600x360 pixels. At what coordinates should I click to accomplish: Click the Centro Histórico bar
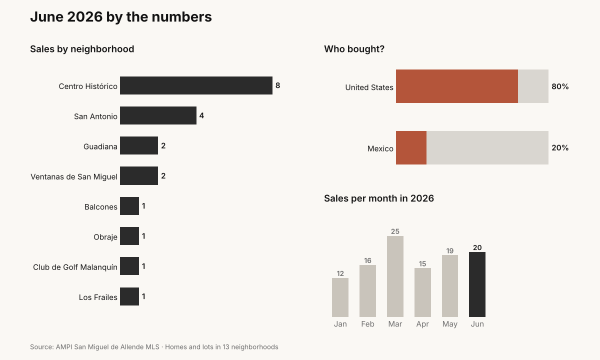click(x=196, y=85)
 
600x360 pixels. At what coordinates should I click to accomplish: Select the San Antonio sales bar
click(x=158, y=115)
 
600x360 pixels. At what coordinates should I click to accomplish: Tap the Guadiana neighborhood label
click(x=100, y=146)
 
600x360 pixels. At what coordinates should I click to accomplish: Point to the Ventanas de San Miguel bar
click(x=139, y=175)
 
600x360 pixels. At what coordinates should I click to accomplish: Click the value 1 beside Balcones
click(x=143, y=206)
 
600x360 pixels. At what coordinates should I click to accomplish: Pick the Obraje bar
click(x=129, y=236)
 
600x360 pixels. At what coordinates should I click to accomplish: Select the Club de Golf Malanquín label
click(x=75, y=267)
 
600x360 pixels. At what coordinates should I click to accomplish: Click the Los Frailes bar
click(x=129, y=296)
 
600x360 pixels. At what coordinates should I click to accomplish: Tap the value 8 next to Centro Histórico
click(x=278, y=85)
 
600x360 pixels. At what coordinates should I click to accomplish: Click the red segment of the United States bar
click(x=457, y=86)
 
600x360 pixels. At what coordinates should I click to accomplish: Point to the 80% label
click(x=560, y=86)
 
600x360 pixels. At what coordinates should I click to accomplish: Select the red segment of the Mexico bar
click(x=411, y=147)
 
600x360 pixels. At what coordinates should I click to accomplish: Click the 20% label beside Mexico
click(x=560, y=148)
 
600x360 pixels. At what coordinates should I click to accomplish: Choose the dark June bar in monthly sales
click(x=477, y=284)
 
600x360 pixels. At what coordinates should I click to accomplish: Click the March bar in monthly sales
click(x=395, y=276)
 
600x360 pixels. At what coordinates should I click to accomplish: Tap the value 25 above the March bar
click(x=395, y=231)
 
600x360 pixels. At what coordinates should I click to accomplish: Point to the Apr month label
click(x=422, y=324)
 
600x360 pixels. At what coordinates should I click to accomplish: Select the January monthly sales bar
click(x=340, y=297)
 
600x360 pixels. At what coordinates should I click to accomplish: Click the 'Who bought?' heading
click(x=354, y=49)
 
